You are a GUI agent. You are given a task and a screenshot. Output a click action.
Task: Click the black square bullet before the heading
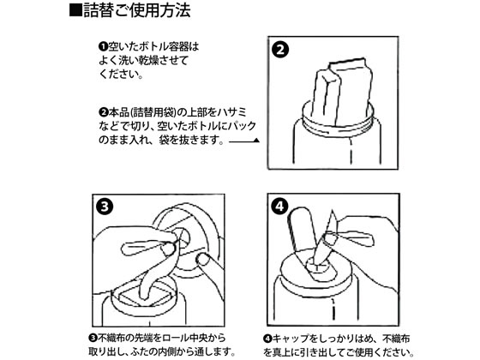point(75,12)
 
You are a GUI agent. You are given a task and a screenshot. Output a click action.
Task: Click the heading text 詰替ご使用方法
point(136,12)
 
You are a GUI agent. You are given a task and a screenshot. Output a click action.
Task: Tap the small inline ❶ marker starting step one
point(103,47)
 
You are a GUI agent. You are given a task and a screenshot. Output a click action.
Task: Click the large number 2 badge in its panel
point(281,49)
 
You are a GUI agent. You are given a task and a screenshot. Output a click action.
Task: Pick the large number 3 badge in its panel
point(103,207)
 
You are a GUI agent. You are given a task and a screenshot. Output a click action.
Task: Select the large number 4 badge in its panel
point(281,207)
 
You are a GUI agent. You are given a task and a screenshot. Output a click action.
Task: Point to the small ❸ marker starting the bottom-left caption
point(93,337)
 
